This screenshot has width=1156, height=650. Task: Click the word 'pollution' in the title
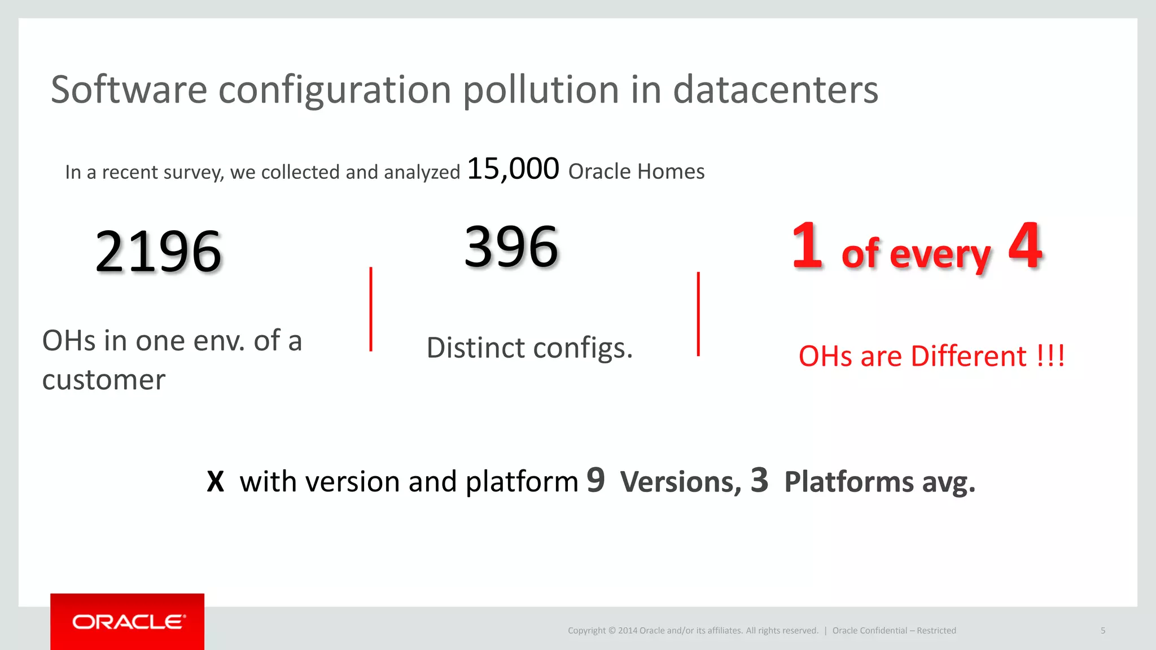point(540,90)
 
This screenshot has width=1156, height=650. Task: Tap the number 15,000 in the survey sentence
point(513,169)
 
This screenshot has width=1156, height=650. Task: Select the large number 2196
point(158,252)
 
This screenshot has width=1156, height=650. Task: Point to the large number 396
point(511,247)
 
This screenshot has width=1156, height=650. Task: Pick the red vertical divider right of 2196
point(371,309)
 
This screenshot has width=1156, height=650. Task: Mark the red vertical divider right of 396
point(698,314)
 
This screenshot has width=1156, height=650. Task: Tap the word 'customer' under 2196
point(104,380)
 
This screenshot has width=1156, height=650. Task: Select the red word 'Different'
point(969,356)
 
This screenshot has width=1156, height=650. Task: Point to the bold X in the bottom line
point(215,482)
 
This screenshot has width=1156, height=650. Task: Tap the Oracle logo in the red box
point(128,622)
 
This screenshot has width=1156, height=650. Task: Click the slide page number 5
point(1103,630)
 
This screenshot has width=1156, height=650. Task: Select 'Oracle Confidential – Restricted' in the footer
point(894,630)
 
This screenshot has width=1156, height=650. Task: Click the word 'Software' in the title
point(129,90)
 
